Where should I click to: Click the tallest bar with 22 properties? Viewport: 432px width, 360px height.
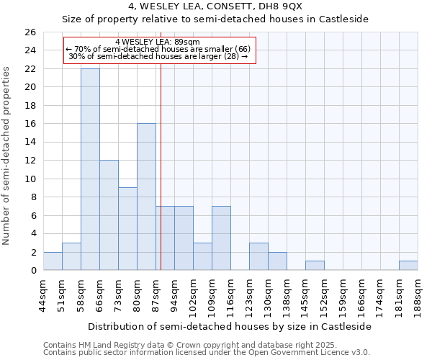(90, 169)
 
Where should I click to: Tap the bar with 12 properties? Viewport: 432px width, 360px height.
(109, 215)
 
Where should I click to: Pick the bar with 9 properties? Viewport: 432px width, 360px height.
(127, 229)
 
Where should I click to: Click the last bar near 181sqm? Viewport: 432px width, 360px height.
(408, 266)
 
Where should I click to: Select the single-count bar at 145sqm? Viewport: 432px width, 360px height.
(315, 266)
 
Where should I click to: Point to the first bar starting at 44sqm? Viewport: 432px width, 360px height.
(53, 261)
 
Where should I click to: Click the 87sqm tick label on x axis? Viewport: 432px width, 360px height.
(156, 294)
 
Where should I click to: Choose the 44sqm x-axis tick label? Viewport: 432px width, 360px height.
(44, 294)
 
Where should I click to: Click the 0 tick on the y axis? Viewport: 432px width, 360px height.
(32, 271)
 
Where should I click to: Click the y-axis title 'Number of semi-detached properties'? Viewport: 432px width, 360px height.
(7, 155)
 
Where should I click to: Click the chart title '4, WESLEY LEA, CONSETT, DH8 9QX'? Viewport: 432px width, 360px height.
(215, 7)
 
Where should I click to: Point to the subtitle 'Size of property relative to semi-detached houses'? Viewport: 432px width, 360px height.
(215, 19)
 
